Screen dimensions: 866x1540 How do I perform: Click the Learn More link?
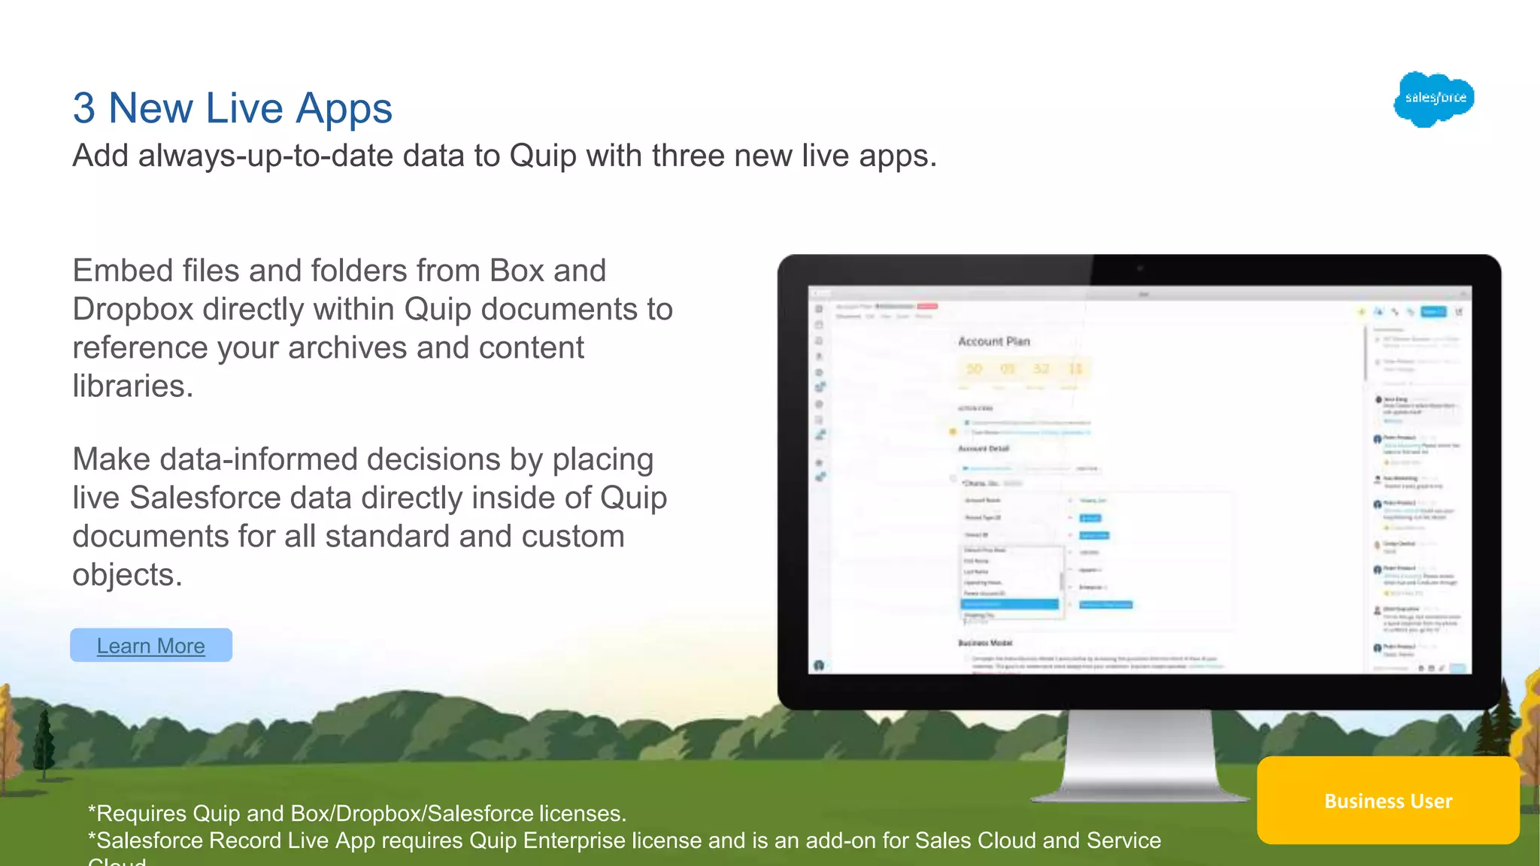click(x=150, y=646)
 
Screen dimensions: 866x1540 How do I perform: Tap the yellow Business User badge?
click(x=1387, y=801)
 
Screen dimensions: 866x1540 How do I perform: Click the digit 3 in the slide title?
click(x=83, y=108)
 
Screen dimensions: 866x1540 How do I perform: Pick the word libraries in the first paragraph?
click(x=132, y=386)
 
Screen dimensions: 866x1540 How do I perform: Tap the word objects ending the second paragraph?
click(x=126, y=575)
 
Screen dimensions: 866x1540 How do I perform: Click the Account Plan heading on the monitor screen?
click(x=993, y=341)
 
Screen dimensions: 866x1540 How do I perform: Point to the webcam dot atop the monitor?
click(x=1140, y=268)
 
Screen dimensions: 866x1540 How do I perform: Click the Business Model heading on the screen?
click(x=985, y=643)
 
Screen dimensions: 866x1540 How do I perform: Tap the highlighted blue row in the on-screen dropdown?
click(x=1009, y=604)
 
